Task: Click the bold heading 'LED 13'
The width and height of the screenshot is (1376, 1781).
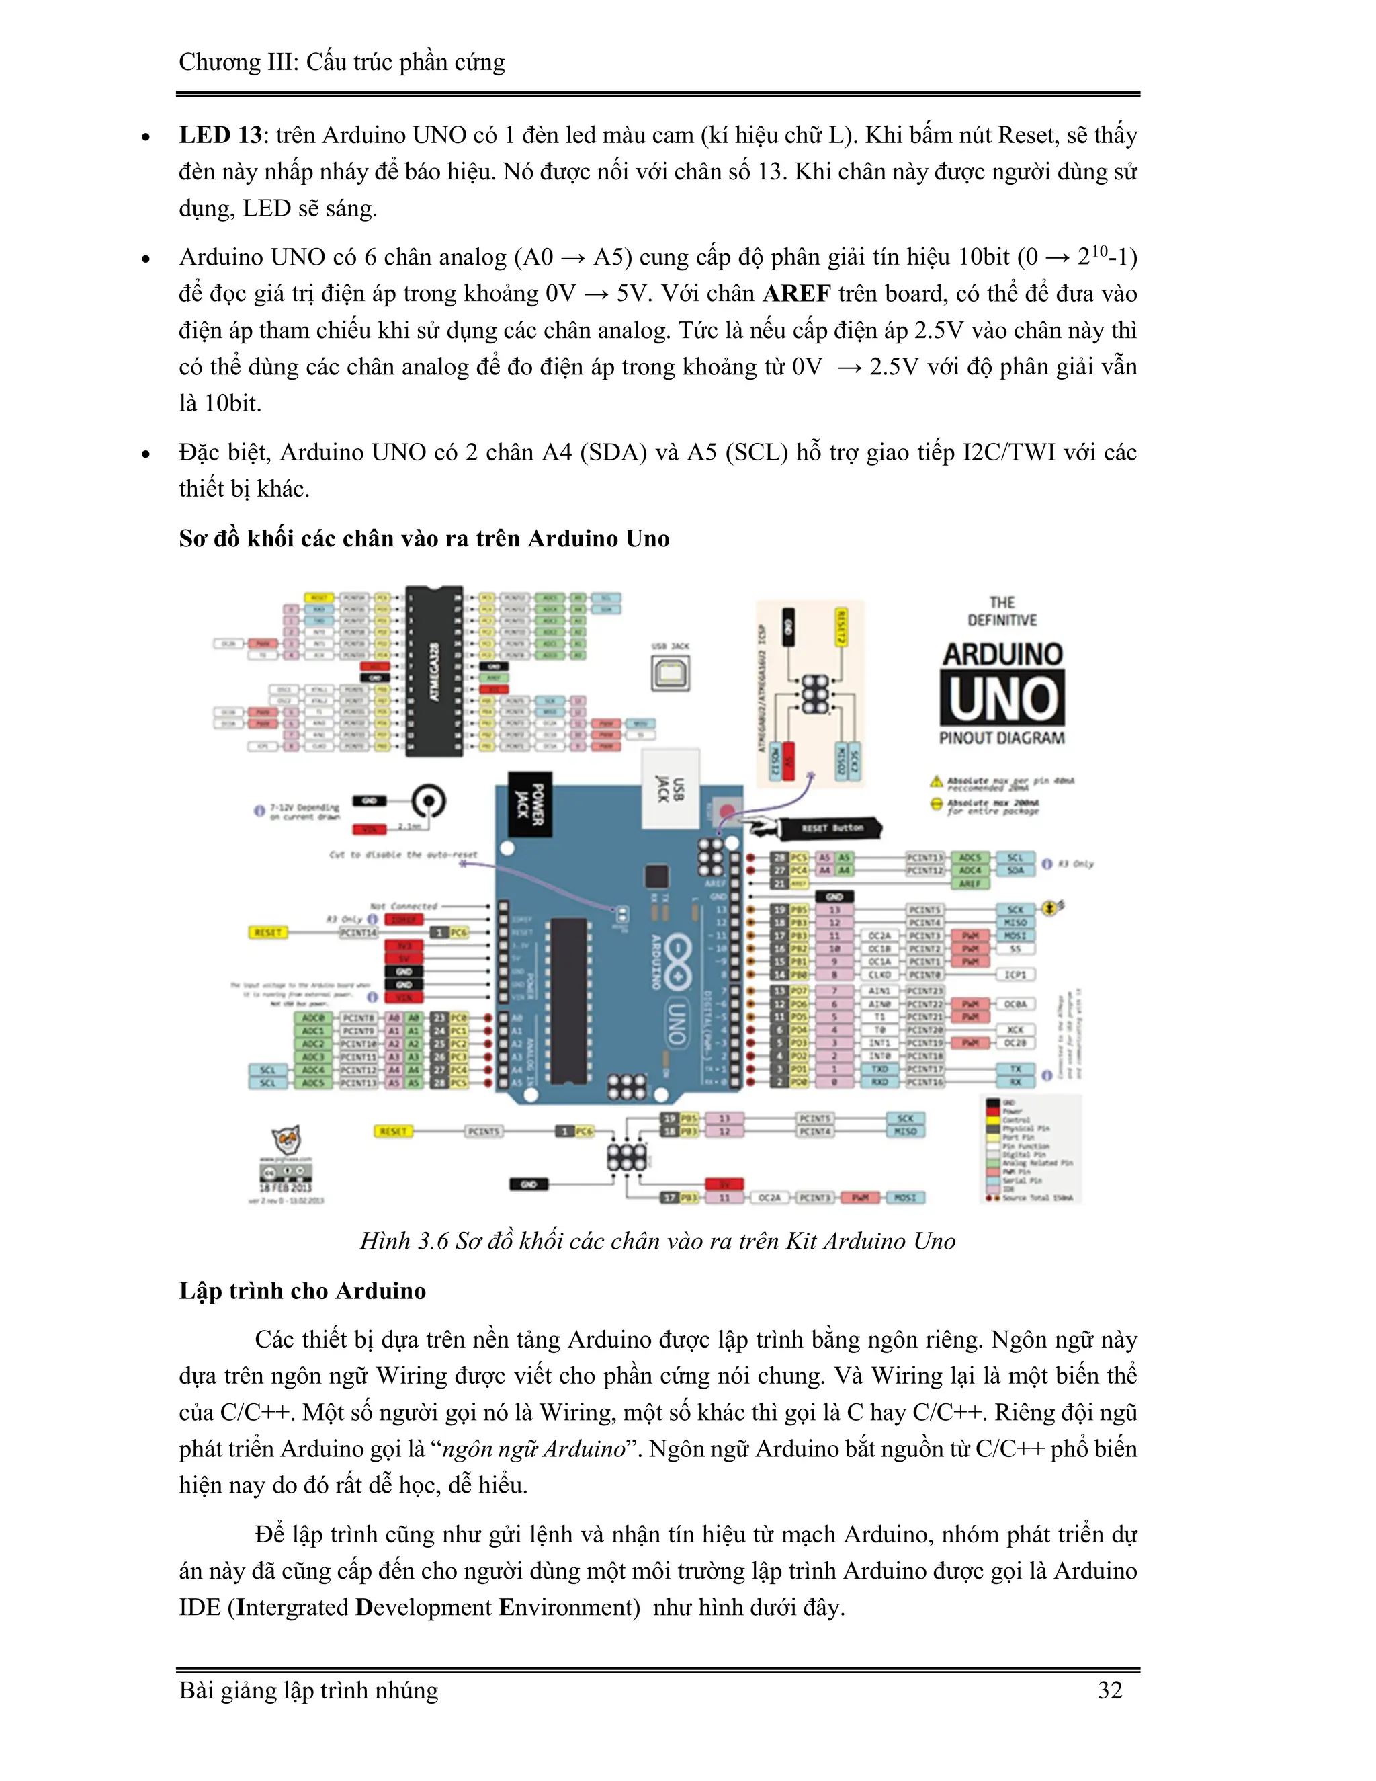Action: pos(220,135)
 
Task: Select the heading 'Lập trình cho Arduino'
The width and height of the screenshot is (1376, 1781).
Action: pos(302,1291)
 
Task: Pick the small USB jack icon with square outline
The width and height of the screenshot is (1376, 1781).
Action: pos(670,673)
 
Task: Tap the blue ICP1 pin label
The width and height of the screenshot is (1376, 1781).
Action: pos(1015,975)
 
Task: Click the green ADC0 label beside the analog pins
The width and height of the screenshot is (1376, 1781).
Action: pos(313,1018)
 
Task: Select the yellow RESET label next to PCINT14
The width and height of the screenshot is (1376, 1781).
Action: pos(268,932)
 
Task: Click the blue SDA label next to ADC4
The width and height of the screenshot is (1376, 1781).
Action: pos(1015,870)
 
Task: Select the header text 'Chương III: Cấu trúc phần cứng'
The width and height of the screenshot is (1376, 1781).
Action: pos(341,62)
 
